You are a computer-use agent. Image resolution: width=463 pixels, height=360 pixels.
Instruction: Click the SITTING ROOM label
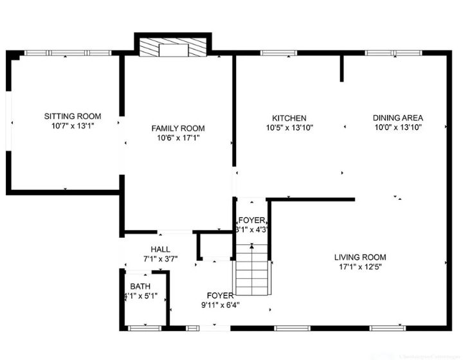coord(73,116)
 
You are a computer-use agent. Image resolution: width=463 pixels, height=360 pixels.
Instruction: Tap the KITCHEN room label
coord(289,118)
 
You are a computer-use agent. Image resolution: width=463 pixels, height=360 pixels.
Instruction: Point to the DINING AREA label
coord(397,118)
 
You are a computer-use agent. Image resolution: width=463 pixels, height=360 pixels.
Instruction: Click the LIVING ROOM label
coord(360,257)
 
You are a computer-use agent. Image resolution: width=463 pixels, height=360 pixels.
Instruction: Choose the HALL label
coord(160,249)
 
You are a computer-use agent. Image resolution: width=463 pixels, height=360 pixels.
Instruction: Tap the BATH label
coord(140,287)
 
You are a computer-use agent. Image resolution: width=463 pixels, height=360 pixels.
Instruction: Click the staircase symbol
coord(251,270)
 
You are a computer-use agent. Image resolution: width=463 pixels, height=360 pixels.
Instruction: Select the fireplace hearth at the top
coord(172,49)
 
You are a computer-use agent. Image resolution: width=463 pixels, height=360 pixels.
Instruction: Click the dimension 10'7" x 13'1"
coord(73,126)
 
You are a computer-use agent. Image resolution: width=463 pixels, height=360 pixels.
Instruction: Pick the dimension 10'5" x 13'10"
coord(289,128)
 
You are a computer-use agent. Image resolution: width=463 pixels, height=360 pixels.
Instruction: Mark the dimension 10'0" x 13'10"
coord(397,127)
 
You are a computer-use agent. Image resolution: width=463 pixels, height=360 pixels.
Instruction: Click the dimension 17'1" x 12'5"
coord(360,267)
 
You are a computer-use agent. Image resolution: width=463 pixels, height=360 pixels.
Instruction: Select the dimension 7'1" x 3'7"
coord(160,258)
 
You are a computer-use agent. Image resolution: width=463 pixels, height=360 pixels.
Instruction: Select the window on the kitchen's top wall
coord(275,53)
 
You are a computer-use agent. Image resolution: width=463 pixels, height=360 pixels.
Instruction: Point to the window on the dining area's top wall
coord(390,53)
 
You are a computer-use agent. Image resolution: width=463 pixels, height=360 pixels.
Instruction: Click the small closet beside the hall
coord(213,246)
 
